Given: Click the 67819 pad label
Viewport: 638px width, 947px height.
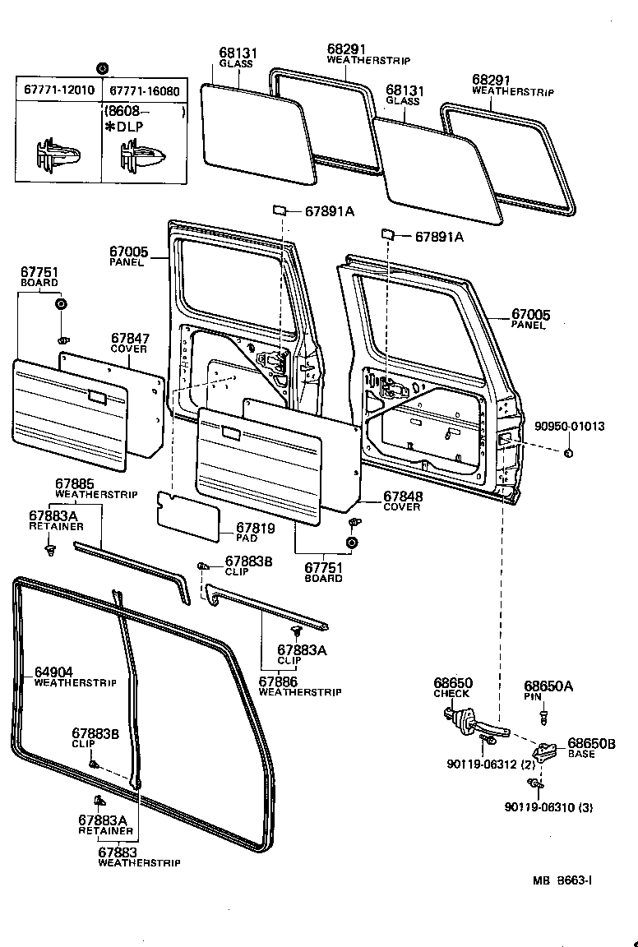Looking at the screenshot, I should [x=254, y=528].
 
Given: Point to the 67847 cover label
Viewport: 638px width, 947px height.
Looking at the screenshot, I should [x=129, y=338].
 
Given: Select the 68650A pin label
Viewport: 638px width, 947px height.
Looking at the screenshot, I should [x=548, y=686].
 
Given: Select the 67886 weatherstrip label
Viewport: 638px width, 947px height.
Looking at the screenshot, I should [x=279, y=681].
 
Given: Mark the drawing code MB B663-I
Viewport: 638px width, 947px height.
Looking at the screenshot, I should [x=562, y=880].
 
